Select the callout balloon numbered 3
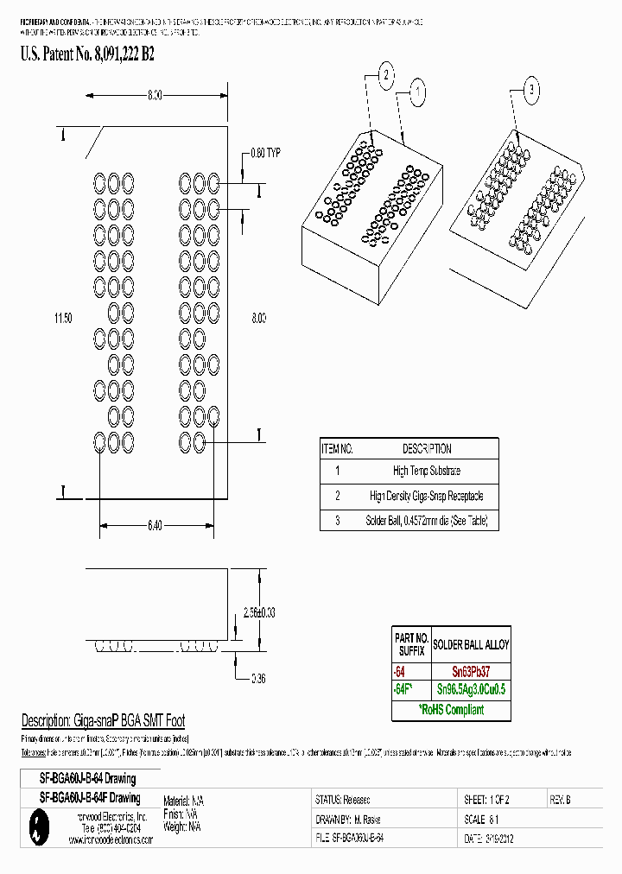[x=531, y=89]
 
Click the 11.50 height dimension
[x=62, y=319]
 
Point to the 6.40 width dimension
[x=154, y=525]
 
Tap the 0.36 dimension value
[x=257, y=679]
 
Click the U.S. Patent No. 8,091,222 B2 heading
[x=87, y=54]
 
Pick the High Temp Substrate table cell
[x=426, y=471]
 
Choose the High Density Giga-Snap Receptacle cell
[x=426, y=496]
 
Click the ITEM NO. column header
[x=337, y=448]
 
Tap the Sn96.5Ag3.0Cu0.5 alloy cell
[x=471, y=689]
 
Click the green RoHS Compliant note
[x=451, y=710]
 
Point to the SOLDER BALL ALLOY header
[x=471, y=644]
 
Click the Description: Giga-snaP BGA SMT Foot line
[x=103, y=721]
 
